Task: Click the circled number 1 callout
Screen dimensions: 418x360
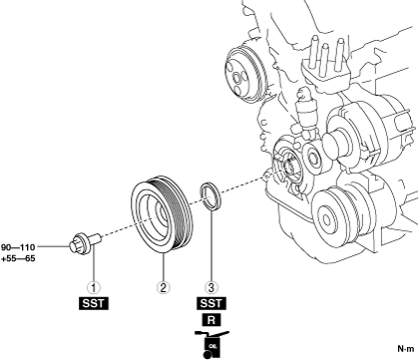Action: coord(94,287)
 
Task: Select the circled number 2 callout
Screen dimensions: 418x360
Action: coord(163,287)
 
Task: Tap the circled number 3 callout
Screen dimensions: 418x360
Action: coord(211,287)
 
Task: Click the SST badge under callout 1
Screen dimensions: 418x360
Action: coord(94,303)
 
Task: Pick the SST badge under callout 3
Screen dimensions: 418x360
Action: coord(211,303)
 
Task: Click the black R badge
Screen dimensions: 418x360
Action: coord(211,320)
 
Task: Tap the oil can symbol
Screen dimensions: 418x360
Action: coord(211,345)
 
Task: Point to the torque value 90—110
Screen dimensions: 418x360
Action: coord(18,247)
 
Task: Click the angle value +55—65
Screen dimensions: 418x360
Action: coord(18,258)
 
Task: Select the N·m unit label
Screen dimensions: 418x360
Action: coord(406,349)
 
